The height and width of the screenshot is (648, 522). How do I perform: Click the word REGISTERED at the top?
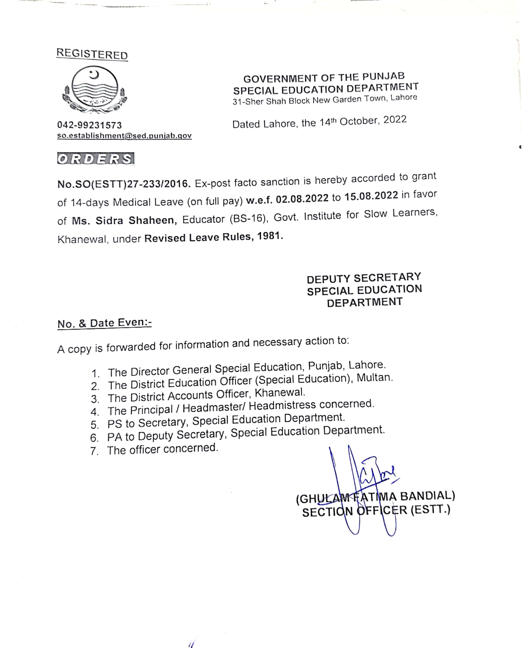pyautogui.click(x=92, y=54)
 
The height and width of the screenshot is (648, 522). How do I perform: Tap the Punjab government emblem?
pyautogui.click(x=95, y=90)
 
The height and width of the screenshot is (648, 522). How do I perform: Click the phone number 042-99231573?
pyautogui.click(x=90, y=125)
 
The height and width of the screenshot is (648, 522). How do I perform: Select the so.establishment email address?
pyautogui.click(x=124, y=136)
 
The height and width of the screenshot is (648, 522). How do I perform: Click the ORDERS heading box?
pyautogui.click(x=96, y=159)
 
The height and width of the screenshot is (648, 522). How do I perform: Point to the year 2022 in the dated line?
pyautogui.click(x=395, y=120)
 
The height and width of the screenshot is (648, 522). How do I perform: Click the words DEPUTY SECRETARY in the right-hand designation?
pyautogui.click(x=364, y=278)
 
